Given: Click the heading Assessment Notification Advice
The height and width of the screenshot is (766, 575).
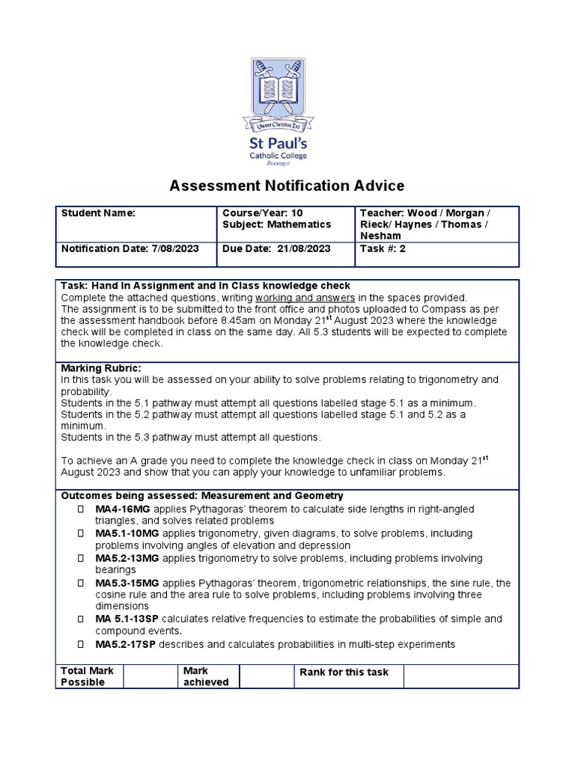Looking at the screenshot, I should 287,186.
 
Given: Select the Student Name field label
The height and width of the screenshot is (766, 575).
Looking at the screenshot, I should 97,213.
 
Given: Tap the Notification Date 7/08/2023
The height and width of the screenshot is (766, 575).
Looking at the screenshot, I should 130,249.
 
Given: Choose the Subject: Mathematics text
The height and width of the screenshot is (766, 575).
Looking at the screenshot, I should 276,224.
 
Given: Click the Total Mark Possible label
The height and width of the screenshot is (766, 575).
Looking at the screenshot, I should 88,676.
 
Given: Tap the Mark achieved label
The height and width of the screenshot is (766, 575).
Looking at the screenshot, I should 206,676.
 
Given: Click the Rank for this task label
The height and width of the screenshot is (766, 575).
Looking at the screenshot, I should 344,672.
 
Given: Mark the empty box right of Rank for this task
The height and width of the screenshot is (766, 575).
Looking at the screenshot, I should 460,675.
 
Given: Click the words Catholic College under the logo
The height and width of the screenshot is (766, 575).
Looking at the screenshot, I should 279,156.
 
